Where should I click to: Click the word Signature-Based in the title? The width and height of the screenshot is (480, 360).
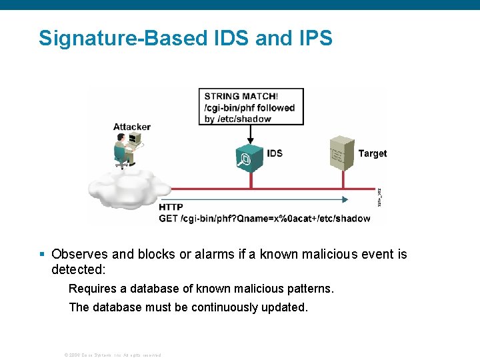123,38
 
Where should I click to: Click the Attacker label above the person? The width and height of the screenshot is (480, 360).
132,127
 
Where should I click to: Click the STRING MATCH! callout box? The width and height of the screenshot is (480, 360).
251,107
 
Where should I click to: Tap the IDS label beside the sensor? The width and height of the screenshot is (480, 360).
275,153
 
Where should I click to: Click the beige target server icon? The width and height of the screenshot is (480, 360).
342,153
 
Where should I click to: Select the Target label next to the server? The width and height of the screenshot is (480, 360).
373,153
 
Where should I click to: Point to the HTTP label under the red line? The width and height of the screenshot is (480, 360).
171,207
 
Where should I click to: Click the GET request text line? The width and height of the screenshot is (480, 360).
264,218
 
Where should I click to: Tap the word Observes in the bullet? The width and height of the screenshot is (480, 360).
80,254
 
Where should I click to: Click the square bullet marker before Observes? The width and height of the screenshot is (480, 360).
42,254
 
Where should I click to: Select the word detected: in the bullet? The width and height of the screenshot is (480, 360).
79,269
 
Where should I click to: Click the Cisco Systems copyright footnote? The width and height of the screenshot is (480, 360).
112,355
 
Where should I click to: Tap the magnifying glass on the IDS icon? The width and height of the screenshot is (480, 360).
241,161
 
